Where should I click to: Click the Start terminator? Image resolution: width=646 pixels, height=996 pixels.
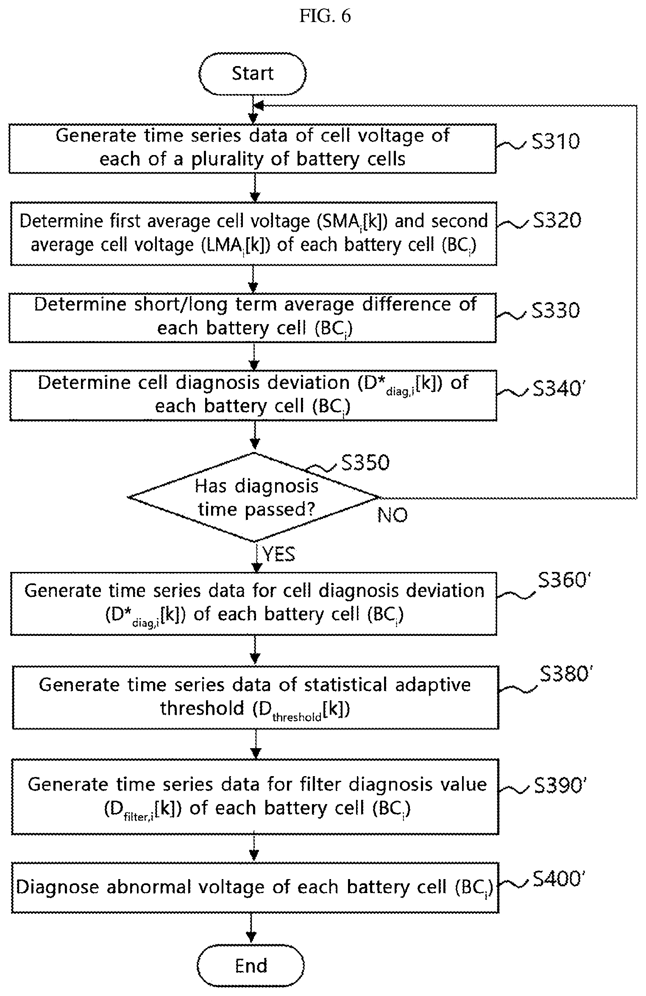[253, 74]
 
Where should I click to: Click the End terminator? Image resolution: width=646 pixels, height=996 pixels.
[251, 965]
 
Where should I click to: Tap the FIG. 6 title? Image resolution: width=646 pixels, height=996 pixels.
[325, 16]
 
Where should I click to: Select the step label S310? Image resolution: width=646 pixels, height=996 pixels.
[556, 141]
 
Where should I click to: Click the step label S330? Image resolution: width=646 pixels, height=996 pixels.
[556, 310]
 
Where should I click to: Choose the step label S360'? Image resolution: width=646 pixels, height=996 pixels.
[564, 580]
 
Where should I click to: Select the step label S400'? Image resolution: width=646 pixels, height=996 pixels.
[559, 879]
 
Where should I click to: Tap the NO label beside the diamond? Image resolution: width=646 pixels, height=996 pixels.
[393, 515]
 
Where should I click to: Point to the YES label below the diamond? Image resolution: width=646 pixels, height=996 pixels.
[279, 554]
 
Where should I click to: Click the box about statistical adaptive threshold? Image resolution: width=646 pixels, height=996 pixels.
[256, 697]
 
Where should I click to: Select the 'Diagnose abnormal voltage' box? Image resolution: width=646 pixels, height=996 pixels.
[255, 887]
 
